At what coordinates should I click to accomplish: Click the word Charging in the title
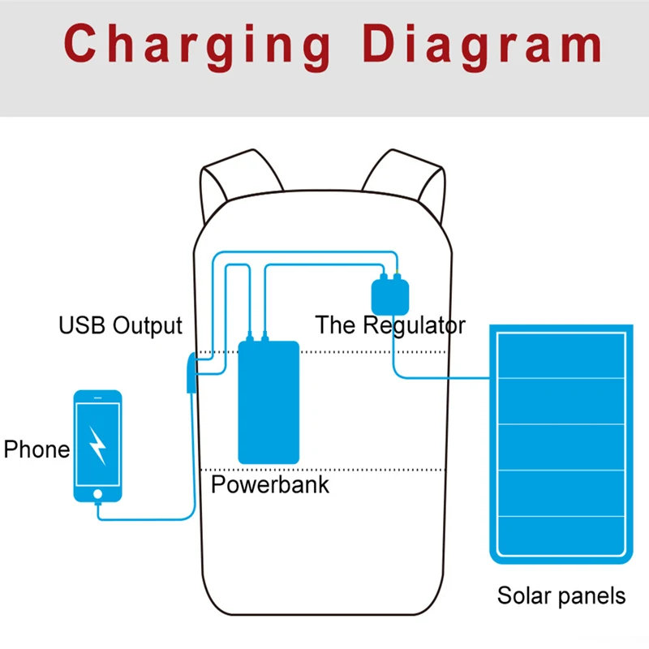(197, 46)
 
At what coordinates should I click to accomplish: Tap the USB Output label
(120, 326)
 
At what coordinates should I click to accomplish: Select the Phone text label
(37, 449)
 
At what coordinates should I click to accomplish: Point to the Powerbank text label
(270, 484)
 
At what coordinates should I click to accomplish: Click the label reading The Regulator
(390, 325)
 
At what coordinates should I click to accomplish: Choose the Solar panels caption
(561, 596)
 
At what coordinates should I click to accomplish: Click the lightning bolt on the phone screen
(97, 445)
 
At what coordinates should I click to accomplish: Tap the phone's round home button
(97, 494)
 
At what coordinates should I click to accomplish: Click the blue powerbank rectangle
(269, 402)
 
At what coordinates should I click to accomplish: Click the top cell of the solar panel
(561, 355)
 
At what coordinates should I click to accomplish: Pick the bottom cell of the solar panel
(561, 535)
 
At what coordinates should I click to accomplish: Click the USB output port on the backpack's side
(191, 372)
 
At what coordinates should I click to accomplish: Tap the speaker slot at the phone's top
(97, 398)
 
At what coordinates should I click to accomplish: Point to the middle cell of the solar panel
(561, 447)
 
